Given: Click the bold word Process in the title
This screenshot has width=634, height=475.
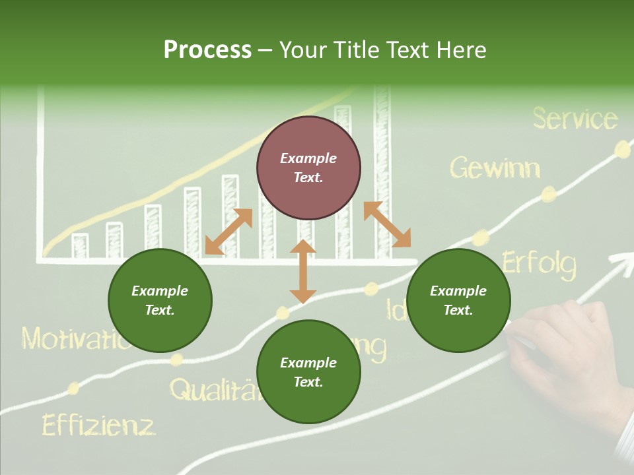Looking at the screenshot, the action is (x=207, y=50).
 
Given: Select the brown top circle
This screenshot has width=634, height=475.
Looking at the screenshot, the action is (x=308, y=168).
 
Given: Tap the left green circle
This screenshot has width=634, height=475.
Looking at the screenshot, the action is (x=160, y=300).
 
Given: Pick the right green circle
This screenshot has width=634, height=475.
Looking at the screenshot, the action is (x=458, y=300).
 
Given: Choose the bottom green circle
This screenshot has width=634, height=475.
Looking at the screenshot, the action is (x=308, y=372).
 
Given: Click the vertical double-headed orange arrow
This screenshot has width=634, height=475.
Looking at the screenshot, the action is (x=303, y=272).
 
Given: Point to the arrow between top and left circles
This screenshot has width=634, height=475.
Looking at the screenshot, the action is (x=229, y=232).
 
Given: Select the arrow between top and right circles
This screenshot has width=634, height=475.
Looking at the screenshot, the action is (x=387, y=224).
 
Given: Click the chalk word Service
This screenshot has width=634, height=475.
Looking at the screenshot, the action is (x=575, y=119).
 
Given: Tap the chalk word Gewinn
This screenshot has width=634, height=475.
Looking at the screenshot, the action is (x=495, y=169).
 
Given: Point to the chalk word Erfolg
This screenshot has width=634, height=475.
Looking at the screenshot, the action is (x=539, y=263).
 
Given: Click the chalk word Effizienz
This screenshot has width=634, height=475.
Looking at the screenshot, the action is (x=98, y=425).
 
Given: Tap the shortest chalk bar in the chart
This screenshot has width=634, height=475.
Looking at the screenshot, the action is (x=80, y=245).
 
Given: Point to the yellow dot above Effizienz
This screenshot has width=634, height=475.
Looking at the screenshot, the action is (x=73, y=388).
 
